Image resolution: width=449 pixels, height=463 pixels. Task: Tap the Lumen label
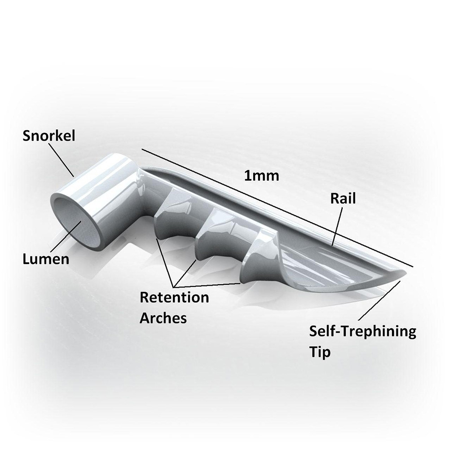click(46, 259)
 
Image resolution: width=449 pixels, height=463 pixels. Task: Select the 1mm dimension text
click(261, 176)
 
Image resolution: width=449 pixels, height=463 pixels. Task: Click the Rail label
click(343, 198)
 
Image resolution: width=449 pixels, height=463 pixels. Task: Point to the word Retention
click(174, 297)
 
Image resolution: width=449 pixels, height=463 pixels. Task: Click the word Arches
click(163, 318)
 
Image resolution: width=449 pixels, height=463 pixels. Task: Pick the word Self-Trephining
click(362, 332)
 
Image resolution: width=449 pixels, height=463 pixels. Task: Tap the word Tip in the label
click(319, 352)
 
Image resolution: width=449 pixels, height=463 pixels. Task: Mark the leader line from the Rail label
click(337, 227)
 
